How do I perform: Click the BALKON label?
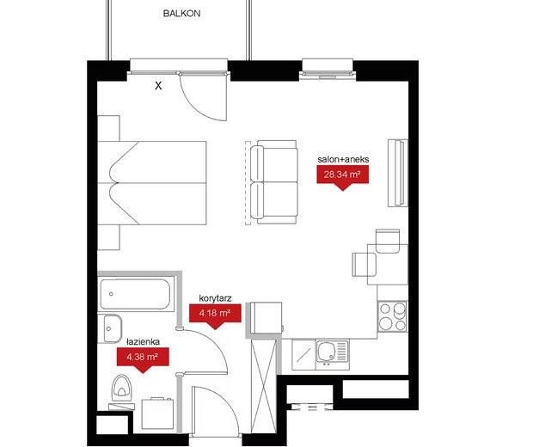pos(181,14)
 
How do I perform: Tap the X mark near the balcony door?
pos(158,86)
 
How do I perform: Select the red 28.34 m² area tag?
pos(342,175)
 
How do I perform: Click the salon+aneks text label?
pos(343,159)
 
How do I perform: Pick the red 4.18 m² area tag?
pos(215,315)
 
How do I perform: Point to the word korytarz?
pos(215,298)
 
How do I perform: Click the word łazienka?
pos(143,342)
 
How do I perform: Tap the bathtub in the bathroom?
pos(135,294)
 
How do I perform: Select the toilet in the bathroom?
pos(121,389)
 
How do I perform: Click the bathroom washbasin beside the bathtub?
pos(110,328)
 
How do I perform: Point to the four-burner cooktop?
pos(393,316)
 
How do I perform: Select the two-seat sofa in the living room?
pos(274,182)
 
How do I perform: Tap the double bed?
pos(152,182)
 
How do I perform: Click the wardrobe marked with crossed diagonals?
pos(264,387)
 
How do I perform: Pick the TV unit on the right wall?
pos(398,173)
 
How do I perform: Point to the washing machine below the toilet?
pos(158,413)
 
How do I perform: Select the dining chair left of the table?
pos(364,265)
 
